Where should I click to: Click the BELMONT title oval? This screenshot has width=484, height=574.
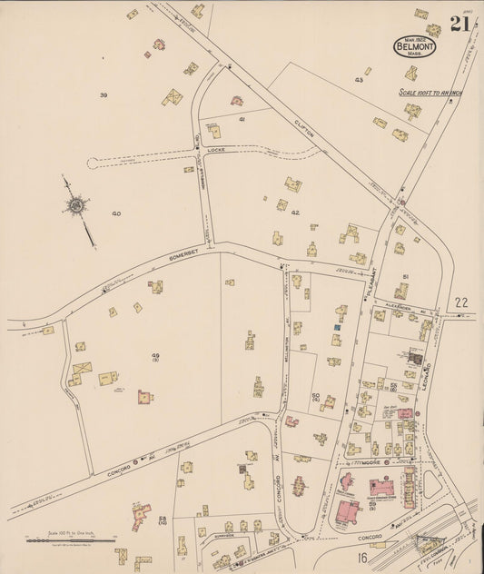pyautogui.click(x=414, y=45)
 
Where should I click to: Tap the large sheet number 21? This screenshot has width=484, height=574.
pyautogui.click(x=459, y=24)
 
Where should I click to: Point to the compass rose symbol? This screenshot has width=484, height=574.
pyautogui.click(x=75, y=207)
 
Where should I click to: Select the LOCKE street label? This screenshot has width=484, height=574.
pyautogui.click(x=215, y=148)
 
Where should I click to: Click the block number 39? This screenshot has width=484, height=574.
pyautogui.click(x=104, y=94)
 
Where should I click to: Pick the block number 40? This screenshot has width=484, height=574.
pyautogui.click(x=116, y=213)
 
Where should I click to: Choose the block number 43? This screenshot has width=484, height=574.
pyautogui.click(x=359, y=80)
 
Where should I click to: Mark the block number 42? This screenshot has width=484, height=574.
pyautogui.click(x=295, y=213)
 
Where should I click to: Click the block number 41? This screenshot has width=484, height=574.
pyautogui.click(x=242, y=119)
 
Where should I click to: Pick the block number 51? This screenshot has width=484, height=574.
pyautogui.click(x=406, y=275)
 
